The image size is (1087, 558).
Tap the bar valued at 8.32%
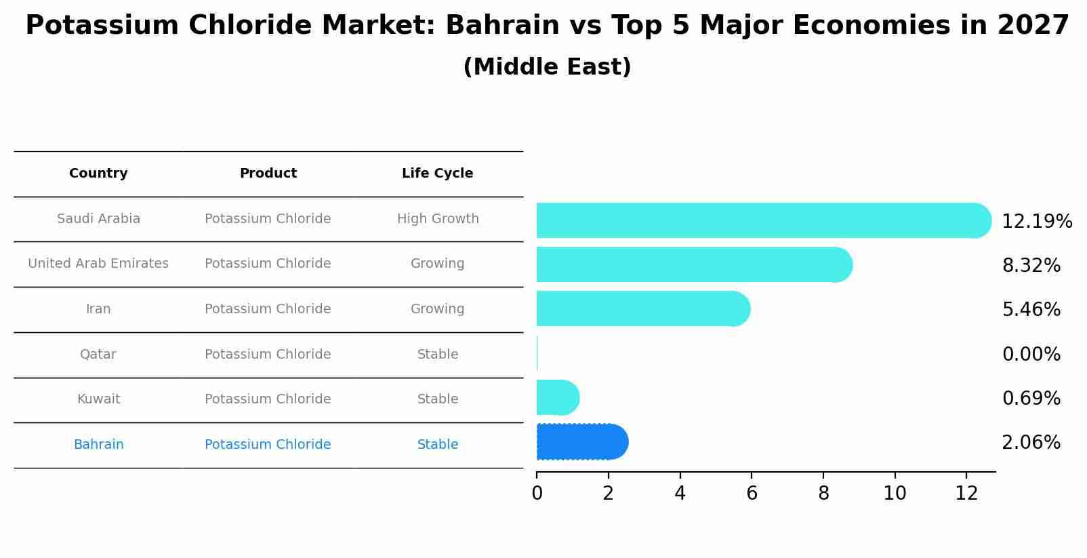click(x=691, y=264)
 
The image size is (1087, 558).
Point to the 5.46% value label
click(x=1031, y=310)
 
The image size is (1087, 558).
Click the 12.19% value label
click(x=1036, y=222)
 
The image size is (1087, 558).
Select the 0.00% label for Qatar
click(x=1031, y=355)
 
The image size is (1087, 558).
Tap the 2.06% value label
click(x=1031, y=443)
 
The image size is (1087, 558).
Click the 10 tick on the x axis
click(x=895, y=494)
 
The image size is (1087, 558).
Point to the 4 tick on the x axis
click(x=680, y=494)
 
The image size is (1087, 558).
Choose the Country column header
click(x=98, y=174)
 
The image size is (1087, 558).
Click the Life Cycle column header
click(x=437, y=174)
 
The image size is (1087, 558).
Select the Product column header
click(x=268, y=174)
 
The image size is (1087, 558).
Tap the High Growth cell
click(x=438, y=219)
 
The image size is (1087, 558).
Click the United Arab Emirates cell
click(x=98, y=264)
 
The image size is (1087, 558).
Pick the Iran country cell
click(x=98, y=309)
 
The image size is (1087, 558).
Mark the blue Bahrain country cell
click(x=98, y=445)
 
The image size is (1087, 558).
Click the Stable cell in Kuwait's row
click(x=438, y=399)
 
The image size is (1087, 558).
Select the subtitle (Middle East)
click(x=547, y=67)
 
